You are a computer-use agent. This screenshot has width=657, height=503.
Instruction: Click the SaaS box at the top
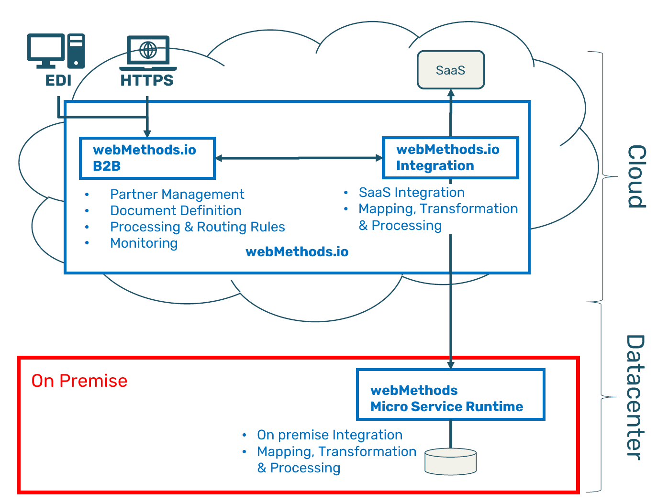click(450, 70)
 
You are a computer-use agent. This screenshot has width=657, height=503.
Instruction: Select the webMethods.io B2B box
click(147, 158)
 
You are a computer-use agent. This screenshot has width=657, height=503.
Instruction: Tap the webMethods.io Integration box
click(450, 158)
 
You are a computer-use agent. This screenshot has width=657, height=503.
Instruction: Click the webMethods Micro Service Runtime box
click(450, 394)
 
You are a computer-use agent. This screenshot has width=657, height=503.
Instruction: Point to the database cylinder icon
click(450, 461)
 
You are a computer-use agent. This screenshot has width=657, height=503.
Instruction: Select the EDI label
click(58, 80)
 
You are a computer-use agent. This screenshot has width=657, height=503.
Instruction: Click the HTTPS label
click(147, 80)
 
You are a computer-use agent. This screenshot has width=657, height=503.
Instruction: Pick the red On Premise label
click(79, 381)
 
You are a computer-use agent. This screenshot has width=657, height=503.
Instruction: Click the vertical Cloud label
click(636, 176)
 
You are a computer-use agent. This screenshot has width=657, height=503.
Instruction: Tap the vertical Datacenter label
click(635, 397)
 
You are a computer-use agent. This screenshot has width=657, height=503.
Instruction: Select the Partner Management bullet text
click(177, 194)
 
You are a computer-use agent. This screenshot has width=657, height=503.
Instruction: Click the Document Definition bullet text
click(176, 210)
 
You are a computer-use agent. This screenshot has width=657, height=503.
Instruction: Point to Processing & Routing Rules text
click(197, 227)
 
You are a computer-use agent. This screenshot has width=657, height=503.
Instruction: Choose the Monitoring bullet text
click(144, 243)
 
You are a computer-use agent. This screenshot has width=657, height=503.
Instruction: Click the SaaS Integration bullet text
click(412, 192)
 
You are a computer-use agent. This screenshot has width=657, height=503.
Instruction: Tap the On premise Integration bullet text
click(329, 435)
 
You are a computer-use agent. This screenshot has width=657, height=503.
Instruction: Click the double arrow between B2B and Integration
click(299, 158)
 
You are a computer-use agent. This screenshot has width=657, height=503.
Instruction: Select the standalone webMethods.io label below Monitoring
click(297, 251)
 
